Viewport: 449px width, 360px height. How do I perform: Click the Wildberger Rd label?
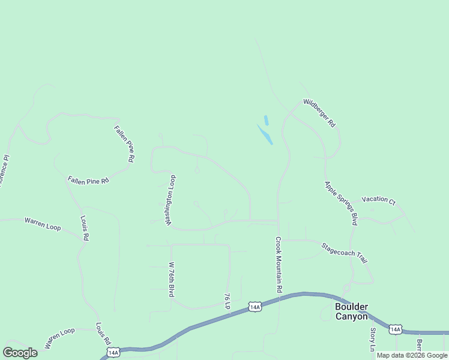319,112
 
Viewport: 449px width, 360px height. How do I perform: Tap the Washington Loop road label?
171,200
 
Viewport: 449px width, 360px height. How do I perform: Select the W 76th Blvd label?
171,280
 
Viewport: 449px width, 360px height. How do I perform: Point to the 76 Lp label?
228,301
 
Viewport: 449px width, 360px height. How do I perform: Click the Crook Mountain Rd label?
279,265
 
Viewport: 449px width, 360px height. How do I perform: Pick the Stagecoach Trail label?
344,253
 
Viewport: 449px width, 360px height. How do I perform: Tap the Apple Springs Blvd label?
341,203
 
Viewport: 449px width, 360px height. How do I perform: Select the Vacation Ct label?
378,200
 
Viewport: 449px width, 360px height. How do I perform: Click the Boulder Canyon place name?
351,311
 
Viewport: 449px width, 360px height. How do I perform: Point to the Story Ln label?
373,340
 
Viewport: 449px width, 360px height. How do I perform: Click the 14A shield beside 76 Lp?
255,307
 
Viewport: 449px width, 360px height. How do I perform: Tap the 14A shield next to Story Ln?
395,329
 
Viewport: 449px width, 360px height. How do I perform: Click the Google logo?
20,353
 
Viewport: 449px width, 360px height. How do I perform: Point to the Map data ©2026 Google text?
412,355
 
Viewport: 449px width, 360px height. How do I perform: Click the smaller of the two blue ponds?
266,120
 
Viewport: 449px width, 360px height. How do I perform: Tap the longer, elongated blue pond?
265,134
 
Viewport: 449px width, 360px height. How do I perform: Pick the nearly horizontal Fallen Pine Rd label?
88,180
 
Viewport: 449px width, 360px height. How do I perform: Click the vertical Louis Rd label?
85,229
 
